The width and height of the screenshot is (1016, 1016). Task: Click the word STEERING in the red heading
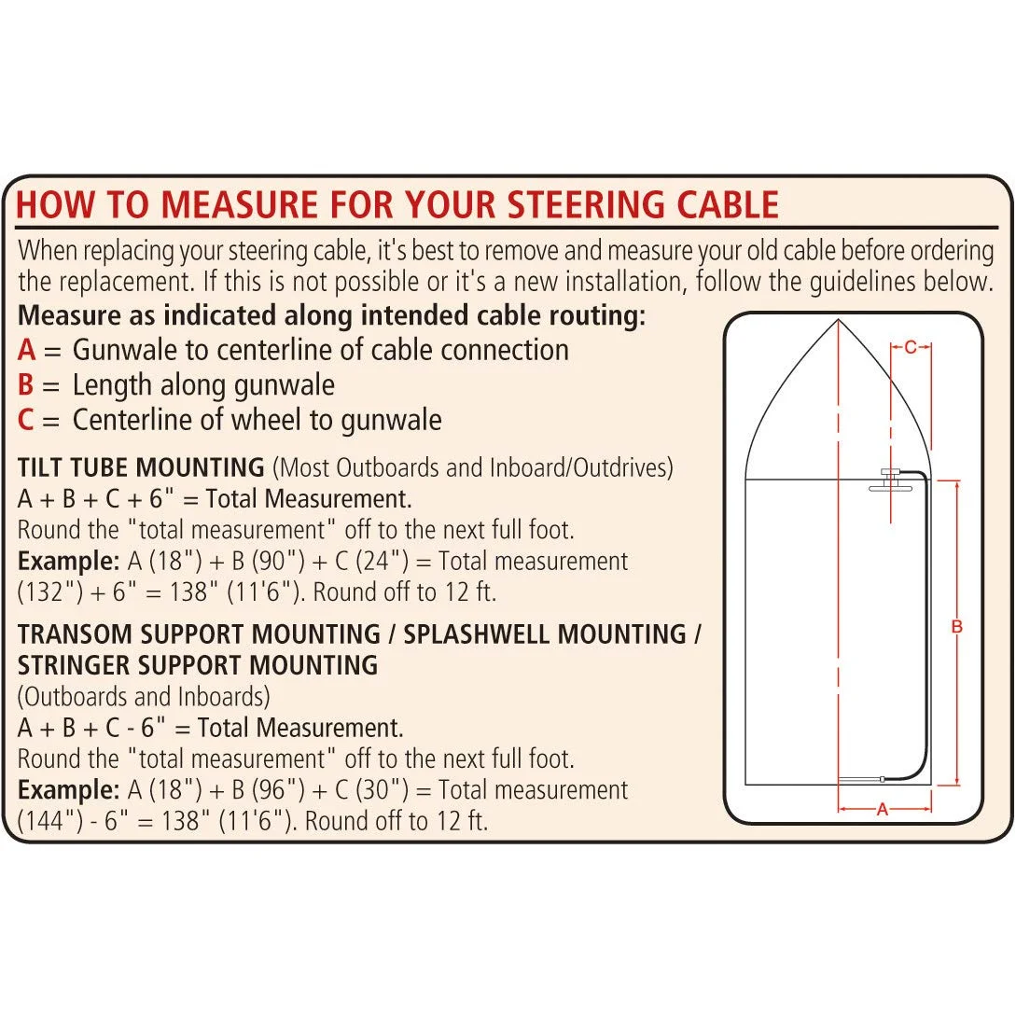[575, 204]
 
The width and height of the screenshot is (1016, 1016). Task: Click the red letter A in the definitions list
[27, 351]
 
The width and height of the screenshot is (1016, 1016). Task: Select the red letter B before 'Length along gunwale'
[26, 385]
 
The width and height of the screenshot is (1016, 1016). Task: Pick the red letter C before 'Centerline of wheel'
[26, 421]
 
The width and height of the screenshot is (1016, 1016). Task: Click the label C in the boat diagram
[911, 348]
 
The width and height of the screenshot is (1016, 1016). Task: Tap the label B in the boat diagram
[956, 628]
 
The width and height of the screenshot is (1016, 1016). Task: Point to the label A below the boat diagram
[883, 810]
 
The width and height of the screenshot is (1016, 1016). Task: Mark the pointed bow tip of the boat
[838, 321]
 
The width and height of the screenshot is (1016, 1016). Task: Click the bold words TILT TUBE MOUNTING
[141, 467]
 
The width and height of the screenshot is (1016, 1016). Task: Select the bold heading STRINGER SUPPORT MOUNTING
[198, 666]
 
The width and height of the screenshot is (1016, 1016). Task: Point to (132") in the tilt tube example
[48, 592]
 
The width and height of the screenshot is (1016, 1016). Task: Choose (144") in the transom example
[48, 822]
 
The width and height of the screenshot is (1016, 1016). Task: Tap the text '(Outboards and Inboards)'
[145, 697]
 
